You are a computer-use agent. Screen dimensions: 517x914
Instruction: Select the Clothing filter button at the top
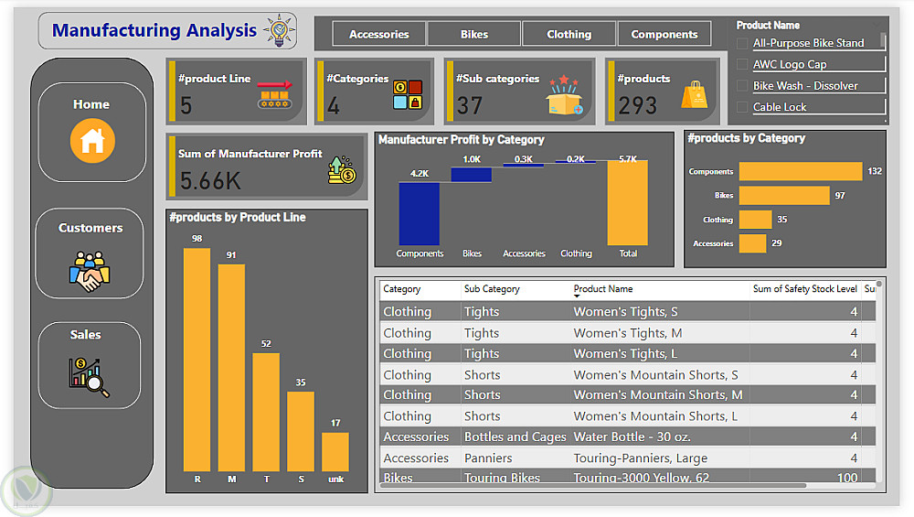[x=569, y=35]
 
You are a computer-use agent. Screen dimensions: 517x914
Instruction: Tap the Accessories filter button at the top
[x=378, y=35]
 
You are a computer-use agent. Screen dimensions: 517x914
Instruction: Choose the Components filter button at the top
[x=664, y=35]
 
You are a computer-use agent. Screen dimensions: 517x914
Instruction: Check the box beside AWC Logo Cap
[x=742, y=64]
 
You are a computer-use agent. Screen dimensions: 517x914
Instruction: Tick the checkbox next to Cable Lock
[x=742, y=107]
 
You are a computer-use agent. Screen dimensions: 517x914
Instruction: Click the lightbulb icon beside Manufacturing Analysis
[x=278, y=30]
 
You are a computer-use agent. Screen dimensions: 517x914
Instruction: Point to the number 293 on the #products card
[x=637, y=105]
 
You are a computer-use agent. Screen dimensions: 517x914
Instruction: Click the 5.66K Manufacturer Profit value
[x=210, y=181]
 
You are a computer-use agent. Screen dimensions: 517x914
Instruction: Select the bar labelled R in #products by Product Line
[x=197, y=359]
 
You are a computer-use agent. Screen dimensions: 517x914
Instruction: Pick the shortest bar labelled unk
[x=335, y=451]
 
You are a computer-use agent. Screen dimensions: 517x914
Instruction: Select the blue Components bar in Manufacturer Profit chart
[x=420, y=213]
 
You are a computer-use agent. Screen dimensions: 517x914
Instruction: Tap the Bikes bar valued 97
[x=783, y=195]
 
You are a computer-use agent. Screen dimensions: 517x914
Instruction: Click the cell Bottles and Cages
[x=515, y=437]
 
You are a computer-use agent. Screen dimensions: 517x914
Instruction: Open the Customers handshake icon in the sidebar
[x=90, y=270]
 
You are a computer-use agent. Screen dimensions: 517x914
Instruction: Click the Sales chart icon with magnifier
[x=89, y=376]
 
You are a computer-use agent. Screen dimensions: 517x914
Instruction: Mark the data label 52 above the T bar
[x=266, y=344]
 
